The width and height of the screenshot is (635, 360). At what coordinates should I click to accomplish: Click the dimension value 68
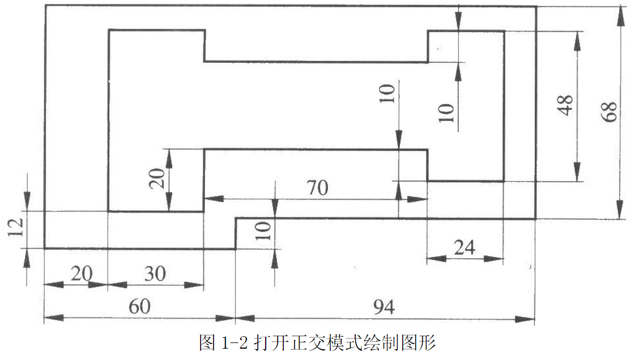pyautogui.click(x=610, y=112)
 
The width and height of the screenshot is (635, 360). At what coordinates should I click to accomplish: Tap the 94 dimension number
pyautogui.click(x=383, y=307)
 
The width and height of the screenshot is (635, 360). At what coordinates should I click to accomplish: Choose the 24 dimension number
pyautogui.click(x=464, y=247)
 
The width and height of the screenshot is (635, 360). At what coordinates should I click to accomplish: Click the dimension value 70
pyautogui.click(x=317, y=187)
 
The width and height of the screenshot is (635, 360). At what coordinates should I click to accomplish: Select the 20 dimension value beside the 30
pyautogui.click(x=81, y=273)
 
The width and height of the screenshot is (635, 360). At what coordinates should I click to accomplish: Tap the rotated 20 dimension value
pyautogui.click(x=159, y=179)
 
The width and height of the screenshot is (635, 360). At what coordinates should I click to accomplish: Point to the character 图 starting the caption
pyautogui.click(x=207, y=343)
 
